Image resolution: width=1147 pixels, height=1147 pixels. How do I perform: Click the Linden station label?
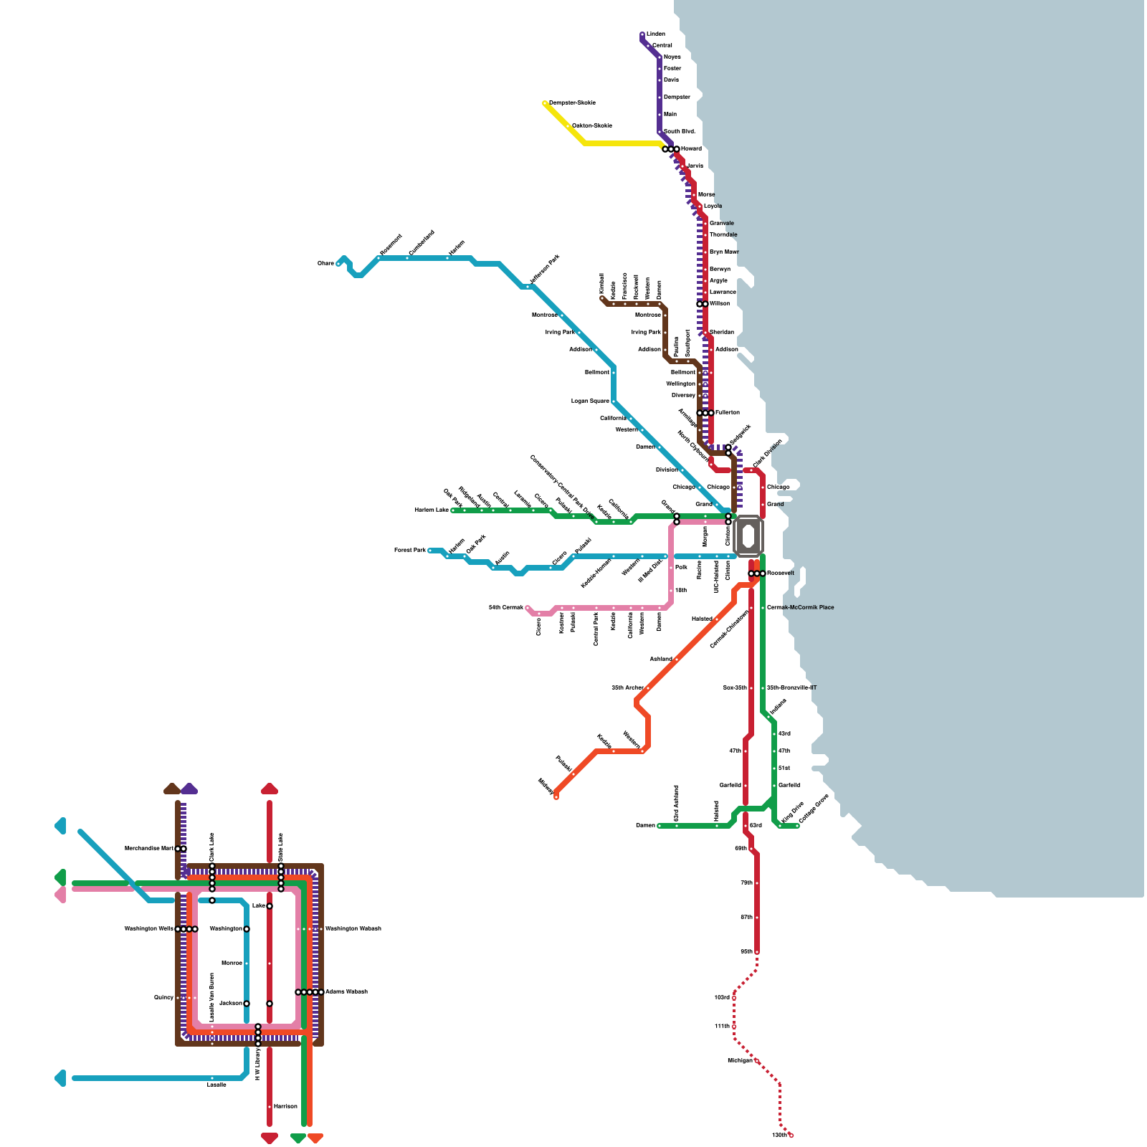655,34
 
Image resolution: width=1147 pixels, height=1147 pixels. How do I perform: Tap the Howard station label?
691,148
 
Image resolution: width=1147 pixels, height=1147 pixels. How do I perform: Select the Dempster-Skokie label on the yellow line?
572,103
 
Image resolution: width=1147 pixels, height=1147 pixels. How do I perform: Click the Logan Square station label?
590,401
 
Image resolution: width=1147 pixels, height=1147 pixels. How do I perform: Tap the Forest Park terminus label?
409,550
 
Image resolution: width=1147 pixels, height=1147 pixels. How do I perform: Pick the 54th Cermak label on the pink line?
506,607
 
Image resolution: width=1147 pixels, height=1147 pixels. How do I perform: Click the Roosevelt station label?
781,573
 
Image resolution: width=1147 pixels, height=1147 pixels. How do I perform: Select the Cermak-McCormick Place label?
800,607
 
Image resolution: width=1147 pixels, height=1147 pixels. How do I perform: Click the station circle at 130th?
791,1135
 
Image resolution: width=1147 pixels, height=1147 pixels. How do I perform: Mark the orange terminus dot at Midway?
556,796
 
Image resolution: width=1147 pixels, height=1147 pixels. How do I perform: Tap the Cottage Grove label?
813,809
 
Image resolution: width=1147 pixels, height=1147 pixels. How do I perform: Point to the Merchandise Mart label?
149,848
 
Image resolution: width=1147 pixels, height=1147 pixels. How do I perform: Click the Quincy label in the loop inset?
163,997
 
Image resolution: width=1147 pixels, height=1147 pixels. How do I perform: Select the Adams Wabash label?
346,991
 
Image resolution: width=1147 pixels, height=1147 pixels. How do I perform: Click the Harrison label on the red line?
285,1106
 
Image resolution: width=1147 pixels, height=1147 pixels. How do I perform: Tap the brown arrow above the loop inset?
172,789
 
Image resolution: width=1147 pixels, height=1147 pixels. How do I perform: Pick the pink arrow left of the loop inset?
60,895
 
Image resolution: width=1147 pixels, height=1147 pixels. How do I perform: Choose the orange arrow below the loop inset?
315,1138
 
